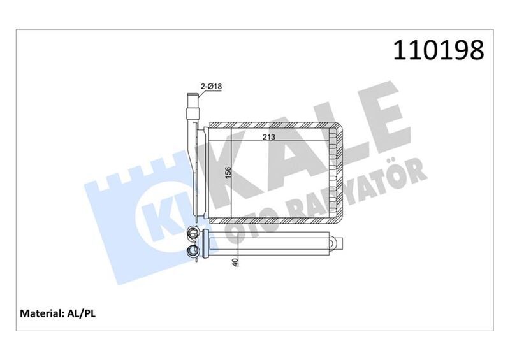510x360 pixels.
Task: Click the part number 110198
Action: [439, 50]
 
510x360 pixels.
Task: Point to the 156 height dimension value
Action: [227, 173]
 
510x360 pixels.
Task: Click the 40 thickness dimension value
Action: [237, 263]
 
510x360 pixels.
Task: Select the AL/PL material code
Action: [81, 313]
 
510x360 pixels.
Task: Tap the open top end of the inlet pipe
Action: [190, 95]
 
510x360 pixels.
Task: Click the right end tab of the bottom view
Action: [339, 243]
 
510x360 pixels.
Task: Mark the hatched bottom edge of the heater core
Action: [274, 220]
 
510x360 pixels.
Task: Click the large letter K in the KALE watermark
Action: [236, 172]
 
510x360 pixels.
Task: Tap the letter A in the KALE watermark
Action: [290, 150]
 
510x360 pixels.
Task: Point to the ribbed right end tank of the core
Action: [335, 172]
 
